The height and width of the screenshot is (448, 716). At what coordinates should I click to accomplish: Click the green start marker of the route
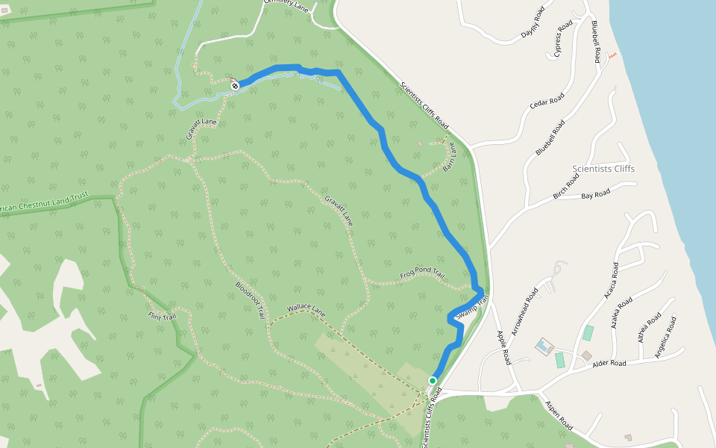432,381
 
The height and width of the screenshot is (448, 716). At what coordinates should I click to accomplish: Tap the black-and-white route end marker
235,86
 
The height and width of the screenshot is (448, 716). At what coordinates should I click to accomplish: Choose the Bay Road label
595,194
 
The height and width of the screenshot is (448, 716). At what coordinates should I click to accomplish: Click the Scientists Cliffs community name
603,169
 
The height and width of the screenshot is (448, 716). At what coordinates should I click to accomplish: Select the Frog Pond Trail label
422,275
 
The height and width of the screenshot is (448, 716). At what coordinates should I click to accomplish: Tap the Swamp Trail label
471,308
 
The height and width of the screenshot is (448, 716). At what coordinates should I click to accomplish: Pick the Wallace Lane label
307,309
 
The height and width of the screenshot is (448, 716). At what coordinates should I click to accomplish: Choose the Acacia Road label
610,281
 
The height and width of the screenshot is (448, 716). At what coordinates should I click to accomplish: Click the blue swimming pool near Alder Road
543,346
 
